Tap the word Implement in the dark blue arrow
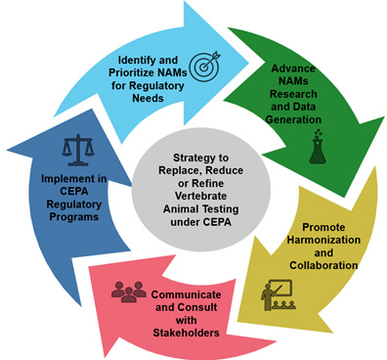(x=64, y=178)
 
